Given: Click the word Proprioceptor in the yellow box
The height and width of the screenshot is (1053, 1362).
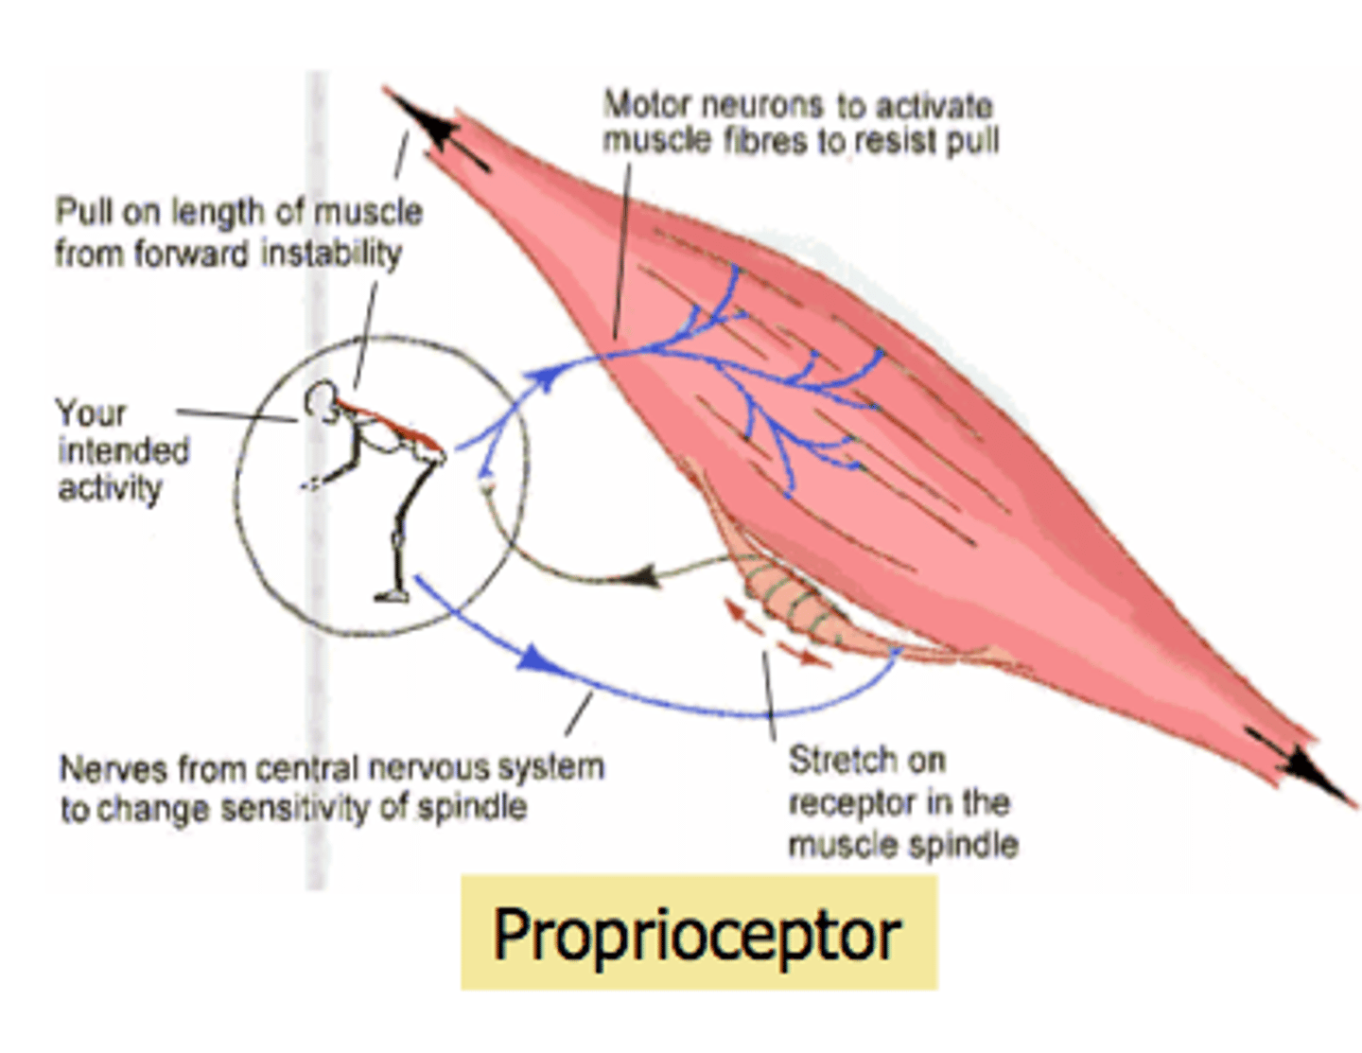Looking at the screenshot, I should [x=697, y=935].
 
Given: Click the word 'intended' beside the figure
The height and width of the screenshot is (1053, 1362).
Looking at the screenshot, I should [x=124, y=451].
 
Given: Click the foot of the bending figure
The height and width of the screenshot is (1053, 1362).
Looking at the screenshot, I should [x=391, y=596].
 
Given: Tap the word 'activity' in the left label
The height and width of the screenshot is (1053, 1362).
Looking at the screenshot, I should [x=110, y=489].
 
